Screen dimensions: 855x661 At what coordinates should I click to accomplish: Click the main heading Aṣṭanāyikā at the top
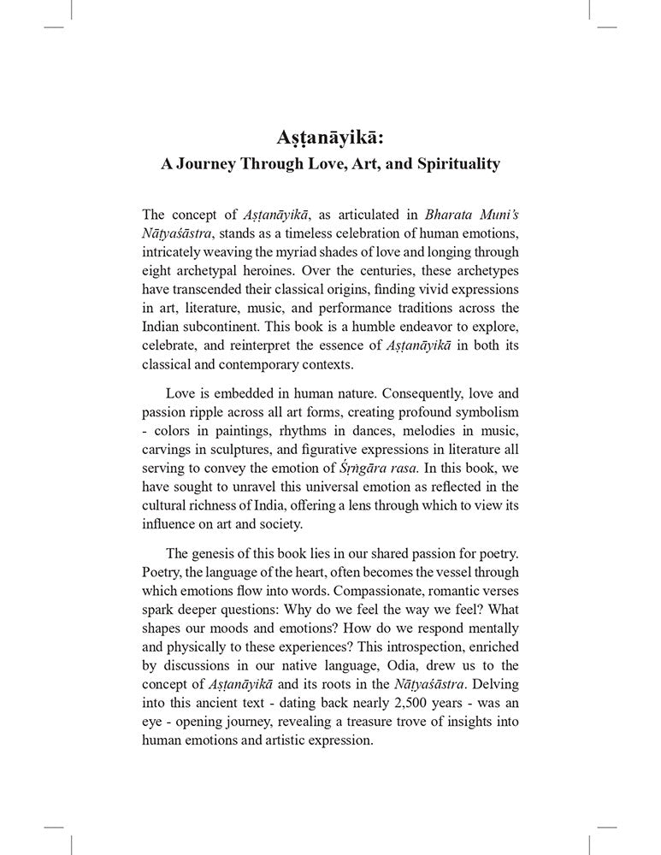pyautogui.click(x=330, y=137)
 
